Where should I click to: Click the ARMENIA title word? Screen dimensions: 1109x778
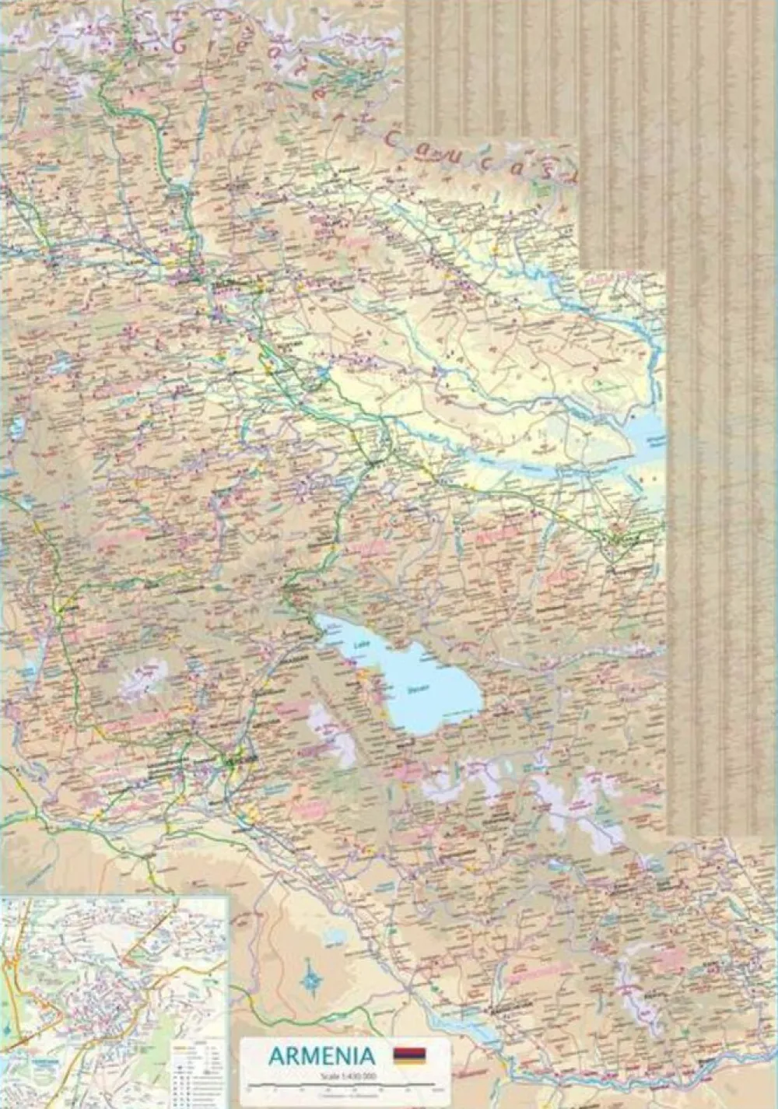321,1055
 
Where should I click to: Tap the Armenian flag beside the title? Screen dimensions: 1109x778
409,1055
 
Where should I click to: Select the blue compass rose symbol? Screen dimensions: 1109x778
312,977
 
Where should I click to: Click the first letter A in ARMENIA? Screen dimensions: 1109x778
277,1055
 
